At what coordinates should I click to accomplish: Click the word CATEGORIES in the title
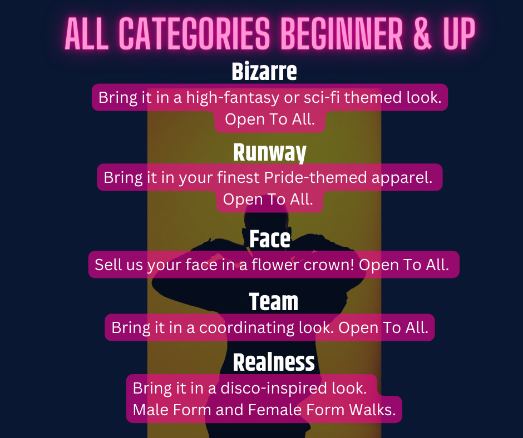click(194, 33)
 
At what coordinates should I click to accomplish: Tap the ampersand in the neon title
click(422, 33)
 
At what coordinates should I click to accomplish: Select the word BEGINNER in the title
click(342, 33)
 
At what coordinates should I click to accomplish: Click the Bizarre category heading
click(264, 71)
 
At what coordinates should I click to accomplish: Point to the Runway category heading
click(269, 153)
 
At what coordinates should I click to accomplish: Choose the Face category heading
click(270, 238)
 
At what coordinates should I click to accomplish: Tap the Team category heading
click(274, 302)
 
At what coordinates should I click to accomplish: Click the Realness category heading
click(274, 362)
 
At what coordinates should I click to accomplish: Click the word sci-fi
click(322, 97)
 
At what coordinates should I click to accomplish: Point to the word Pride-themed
click(315, 177)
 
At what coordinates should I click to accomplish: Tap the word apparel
click(402, 178)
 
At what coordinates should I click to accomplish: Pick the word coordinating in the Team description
click(247, 328)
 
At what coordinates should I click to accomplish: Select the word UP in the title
click(459, 33)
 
